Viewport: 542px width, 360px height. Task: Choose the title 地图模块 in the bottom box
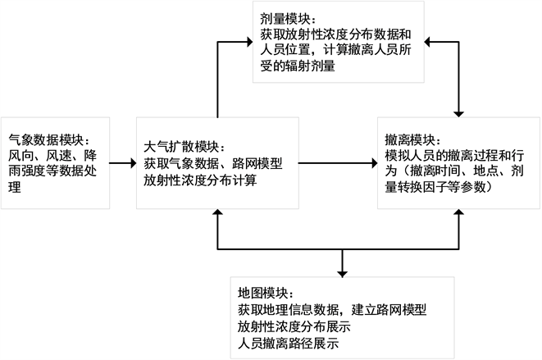[x=264, y=293]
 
